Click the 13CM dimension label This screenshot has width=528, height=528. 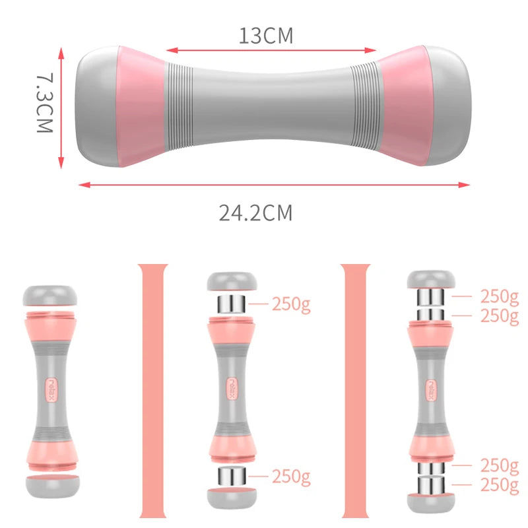[x=266, y=35]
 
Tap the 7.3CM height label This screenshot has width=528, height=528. [x=44, y=104]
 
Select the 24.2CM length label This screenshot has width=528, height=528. [x=255, y=213]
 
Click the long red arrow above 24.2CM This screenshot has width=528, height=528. [x=274, y=185]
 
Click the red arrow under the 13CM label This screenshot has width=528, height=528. [x=271, y=49]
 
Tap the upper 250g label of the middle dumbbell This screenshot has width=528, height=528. [x=290, y=304]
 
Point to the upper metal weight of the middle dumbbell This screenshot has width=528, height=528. [x=231, y=304]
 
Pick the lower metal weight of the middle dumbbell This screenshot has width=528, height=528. [x=231, y=476]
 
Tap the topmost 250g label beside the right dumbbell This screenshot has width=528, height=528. [x=499, y=296]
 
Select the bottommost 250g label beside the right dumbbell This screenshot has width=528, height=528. [x=499, y=485]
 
